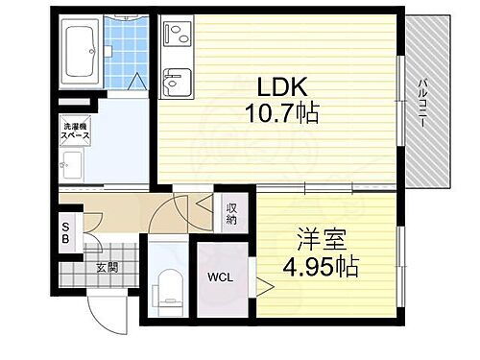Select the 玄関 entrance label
[106, 267]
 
